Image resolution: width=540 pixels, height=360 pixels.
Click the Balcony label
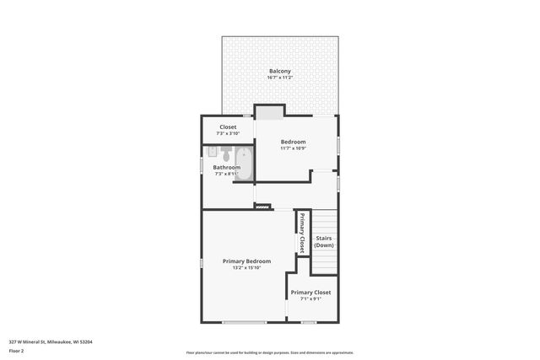[x=280, y=71]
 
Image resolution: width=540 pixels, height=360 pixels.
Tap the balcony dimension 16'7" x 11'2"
[x=280, y=78]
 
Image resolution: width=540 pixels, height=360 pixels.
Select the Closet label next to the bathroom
[x=228, y=126]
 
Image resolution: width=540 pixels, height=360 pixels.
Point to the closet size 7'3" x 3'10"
[x=228, y=133]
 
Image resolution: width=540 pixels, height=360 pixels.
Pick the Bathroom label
[x=226, y=167]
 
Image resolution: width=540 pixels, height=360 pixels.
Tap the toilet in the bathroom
[x=226, y=154]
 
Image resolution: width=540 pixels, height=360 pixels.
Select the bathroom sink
[x=213, y=152]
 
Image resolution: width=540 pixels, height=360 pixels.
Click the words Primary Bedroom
[x=246, y=261]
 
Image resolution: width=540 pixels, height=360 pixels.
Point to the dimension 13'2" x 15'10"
[x=246, y=268]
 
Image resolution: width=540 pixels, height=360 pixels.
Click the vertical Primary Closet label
[x=301, y=234]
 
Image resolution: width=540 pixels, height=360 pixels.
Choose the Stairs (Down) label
[x=324, y=241]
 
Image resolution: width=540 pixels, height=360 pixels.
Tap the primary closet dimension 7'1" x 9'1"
[x=310, y=298]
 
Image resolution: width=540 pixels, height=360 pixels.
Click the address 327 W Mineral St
[x=51, y=341]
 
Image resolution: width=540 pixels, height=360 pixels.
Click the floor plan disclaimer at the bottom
[x=269, y=352]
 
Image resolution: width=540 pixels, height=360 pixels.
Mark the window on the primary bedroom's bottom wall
[x=245, y=322]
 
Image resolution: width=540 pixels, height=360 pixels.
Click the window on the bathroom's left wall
[x=201, y=165]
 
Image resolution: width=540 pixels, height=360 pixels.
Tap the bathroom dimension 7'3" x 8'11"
[x=226, y=174]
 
